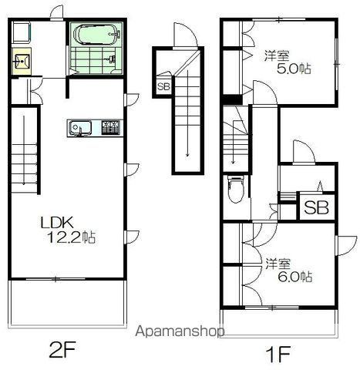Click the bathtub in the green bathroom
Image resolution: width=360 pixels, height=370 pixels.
click(97, 35)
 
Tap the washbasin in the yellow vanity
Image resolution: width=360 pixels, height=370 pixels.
click(22, 61)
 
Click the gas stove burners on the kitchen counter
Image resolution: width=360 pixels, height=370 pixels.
click(111, 127)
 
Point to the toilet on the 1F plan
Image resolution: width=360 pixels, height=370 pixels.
click(235, 189)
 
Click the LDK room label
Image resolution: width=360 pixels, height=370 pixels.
click(57, 223)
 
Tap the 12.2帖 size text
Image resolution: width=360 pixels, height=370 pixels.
click(71, 237)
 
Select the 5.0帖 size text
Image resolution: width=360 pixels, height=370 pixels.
click(294, 69)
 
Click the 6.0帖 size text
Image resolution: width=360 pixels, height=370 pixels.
click(295, 277)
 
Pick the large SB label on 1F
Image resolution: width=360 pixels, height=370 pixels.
click(316, 207)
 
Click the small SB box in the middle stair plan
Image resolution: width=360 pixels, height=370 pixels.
click(163, 86)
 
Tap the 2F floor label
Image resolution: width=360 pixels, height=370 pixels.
click(62, 349)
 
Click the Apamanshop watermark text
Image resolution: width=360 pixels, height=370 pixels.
click(180, 331)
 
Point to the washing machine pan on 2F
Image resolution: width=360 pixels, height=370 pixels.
click(21, 32)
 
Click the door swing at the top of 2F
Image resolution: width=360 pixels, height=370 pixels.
click(57, 12)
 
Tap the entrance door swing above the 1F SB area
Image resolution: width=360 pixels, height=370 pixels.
click(304, 152)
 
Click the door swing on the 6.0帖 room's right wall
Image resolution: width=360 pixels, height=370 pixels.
click(346, 245)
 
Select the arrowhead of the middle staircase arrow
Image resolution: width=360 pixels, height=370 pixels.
click(187, 155)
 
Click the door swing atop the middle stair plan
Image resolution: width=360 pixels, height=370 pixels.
click(186, 35)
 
